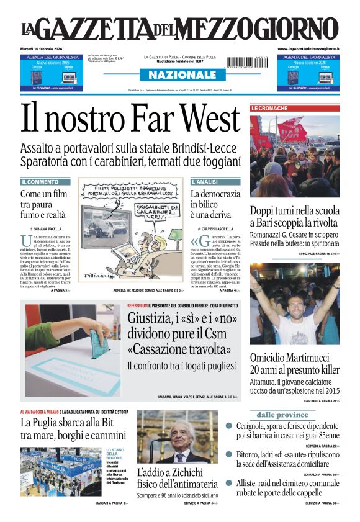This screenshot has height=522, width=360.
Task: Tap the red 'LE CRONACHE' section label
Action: point(269,109)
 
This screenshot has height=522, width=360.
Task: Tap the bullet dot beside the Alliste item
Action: point(228,482)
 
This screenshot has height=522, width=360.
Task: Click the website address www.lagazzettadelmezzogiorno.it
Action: point(308,48)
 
